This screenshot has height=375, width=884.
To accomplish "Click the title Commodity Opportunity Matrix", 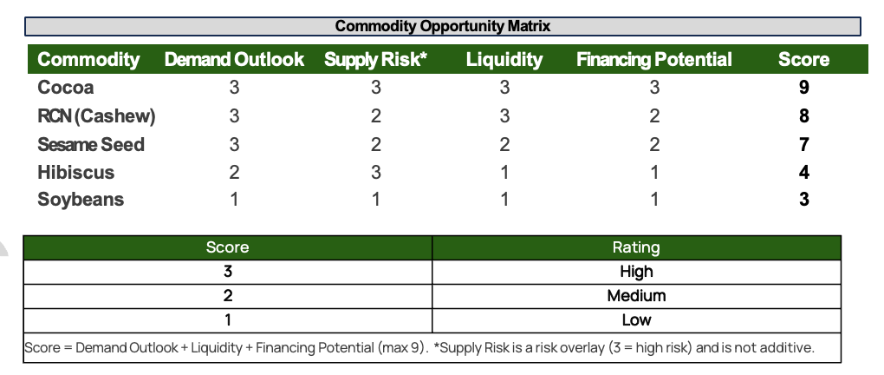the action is click(443, 26).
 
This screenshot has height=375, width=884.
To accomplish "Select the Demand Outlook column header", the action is click(234, 59).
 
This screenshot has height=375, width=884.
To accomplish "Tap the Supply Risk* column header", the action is click(375, 60).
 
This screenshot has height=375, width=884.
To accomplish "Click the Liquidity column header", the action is click(504, 60).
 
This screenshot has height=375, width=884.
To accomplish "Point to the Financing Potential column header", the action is click(654, 59).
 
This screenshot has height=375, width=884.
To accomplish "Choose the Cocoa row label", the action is click(65, 88).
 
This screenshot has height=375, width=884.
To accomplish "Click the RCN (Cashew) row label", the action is click(96, 115).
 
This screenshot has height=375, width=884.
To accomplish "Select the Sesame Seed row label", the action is click(91, 144).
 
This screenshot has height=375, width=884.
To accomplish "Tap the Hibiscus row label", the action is click(75, 172).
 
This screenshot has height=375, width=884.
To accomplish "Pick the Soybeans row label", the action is click(81, 200).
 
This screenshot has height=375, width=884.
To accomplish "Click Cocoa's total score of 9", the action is click(804, 88).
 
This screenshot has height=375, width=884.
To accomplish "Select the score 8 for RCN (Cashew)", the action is click(804, 115).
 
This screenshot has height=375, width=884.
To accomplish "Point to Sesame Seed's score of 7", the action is click(804, 144).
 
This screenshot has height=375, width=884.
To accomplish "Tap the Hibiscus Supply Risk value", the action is click(375, 172).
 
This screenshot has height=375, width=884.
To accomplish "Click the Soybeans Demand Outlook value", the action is click(234, 200).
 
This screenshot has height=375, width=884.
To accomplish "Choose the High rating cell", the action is click(636, 272).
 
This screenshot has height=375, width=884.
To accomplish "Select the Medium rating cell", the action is click(636, 296).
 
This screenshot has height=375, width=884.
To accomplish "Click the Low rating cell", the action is click(636, 320).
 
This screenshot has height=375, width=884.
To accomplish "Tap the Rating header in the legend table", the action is click(636, 247).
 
